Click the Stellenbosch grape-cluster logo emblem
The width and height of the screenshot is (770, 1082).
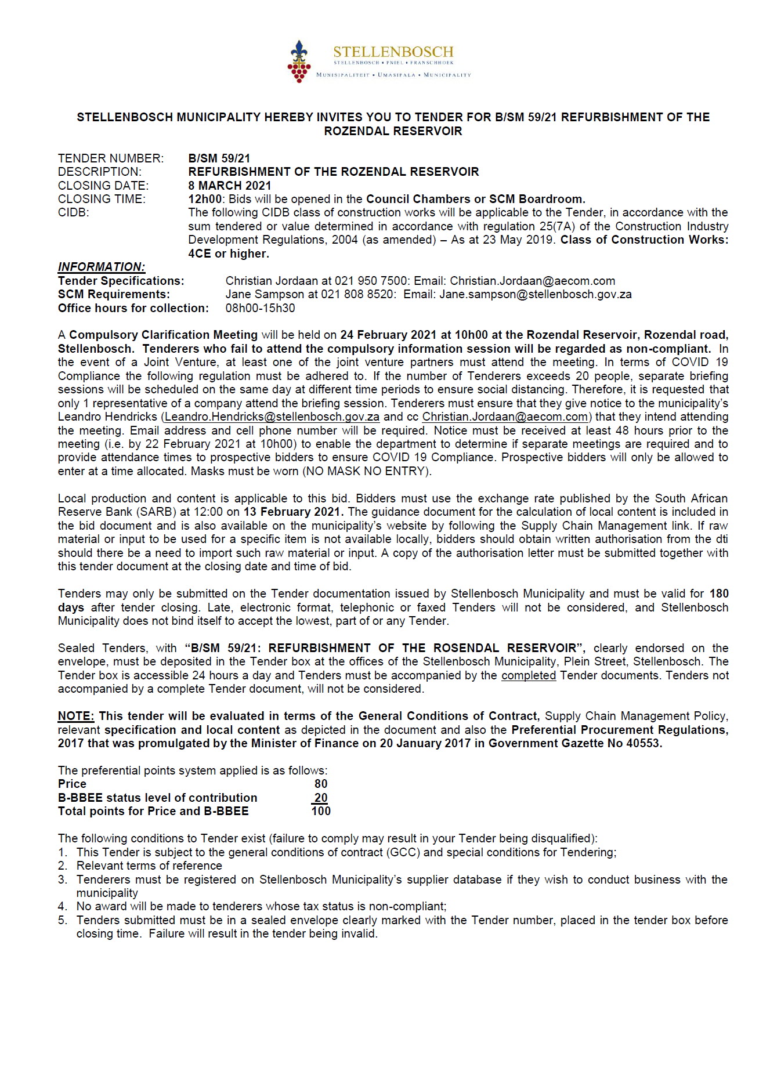[299, 61]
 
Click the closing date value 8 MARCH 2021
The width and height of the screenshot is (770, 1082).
[230, 186]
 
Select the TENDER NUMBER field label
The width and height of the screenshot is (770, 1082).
[110, 158]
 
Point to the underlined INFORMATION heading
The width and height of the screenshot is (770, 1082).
[102, 267]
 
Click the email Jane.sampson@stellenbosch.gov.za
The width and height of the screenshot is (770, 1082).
[535, 294]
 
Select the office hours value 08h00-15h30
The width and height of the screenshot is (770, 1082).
[260, 308]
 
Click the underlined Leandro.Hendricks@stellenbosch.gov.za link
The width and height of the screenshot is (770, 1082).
[272, 417]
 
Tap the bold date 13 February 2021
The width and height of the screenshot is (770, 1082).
[294, 512]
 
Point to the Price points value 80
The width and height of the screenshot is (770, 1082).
[321, 784]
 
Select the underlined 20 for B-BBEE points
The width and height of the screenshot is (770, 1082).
[321, 798]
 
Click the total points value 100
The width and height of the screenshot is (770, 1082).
[321, 811]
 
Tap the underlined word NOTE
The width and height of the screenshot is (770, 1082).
[75, 716]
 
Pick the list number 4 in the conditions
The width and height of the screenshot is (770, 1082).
[63, 906]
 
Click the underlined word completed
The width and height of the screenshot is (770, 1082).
[529, 675]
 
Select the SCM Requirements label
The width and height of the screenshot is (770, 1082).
[114, 294]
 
